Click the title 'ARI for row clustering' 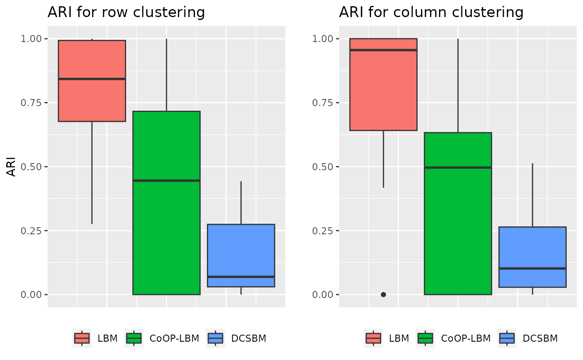click(x=126, y=12)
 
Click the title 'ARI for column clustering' click(x=431, y=12)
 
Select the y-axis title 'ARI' click(x=12, y=166)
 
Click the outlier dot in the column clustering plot click(x=384, y=294)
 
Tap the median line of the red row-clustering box click(x=92, y=79)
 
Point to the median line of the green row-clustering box click(x=167, y=181)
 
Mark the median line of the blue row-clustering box click(x=241, y=276)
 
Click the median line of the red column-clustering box click(x=384, y=50)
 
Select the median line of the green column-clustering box click(x=458, y=167)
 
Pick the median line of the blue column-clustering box click(x=533, y=268)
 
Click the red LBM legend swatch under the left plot click(x=82, y=338)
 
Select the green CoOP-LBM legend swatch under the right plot click(x=426, y=338)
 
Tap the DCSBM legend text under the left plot click(x=249, y=338)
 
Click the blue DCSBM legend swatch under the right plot click(x=507, y=338)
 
